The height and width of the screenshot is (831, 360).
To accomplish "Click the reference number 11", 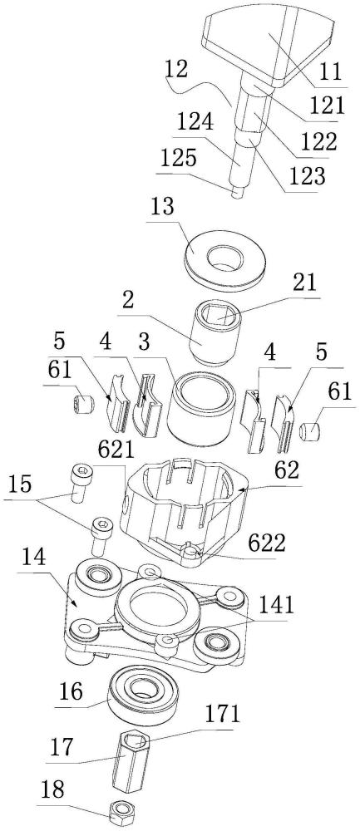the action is coord(331,72).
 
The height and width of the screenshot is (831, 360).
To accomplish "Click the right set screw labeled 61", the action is coord(308,430).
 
